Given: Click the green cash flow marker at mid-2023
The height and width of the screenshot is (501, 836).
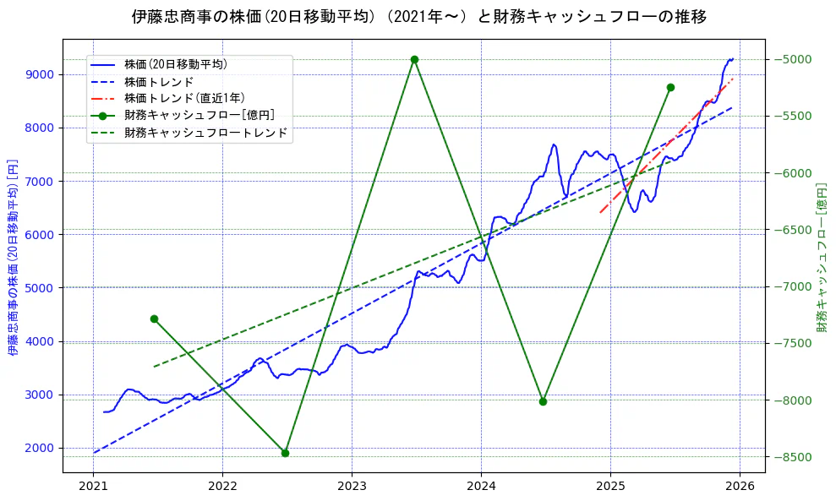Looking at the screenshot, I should [x=414, y=60].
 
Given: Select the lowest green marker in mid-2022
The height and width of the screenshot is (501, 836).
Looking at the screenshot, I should [x=285, y=453].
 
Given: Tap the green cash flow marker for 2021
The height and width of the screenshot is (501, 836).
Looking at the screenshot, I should [x=154, y=319].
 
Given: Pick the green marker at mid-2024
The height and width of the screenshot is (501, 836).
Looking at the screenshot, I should [x=543, y=401].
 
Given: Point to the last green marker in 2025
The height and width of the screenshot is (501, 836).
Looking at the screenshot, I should [x=670, y=88].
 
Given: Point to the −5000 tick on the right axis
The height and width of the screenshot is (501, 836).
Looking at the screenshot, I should [x=793, y=59].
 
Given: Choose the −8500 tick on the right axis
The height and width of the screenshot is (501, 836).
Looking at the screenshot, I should [x=793, y=457].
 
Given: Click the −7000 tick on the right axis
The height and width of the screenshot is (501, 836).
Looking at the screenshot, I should [x=793, y=286].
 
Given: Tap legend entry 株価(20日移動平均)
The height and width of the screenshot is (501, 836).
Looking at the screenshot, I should [x=175, y=63].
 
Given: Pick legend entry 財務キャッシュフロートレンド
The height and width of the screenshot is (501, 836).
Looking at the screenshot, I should [x=205, y=133].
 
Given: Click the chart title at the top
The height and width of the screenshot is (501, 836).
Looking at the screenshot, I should [x=418, y=16].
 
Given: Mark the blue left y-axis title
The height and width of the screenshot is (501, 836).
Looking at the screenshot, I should [x=13, y=257].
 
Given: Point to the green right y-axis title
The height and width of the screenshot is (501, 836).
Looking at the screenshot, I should [x=821, y=257].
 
